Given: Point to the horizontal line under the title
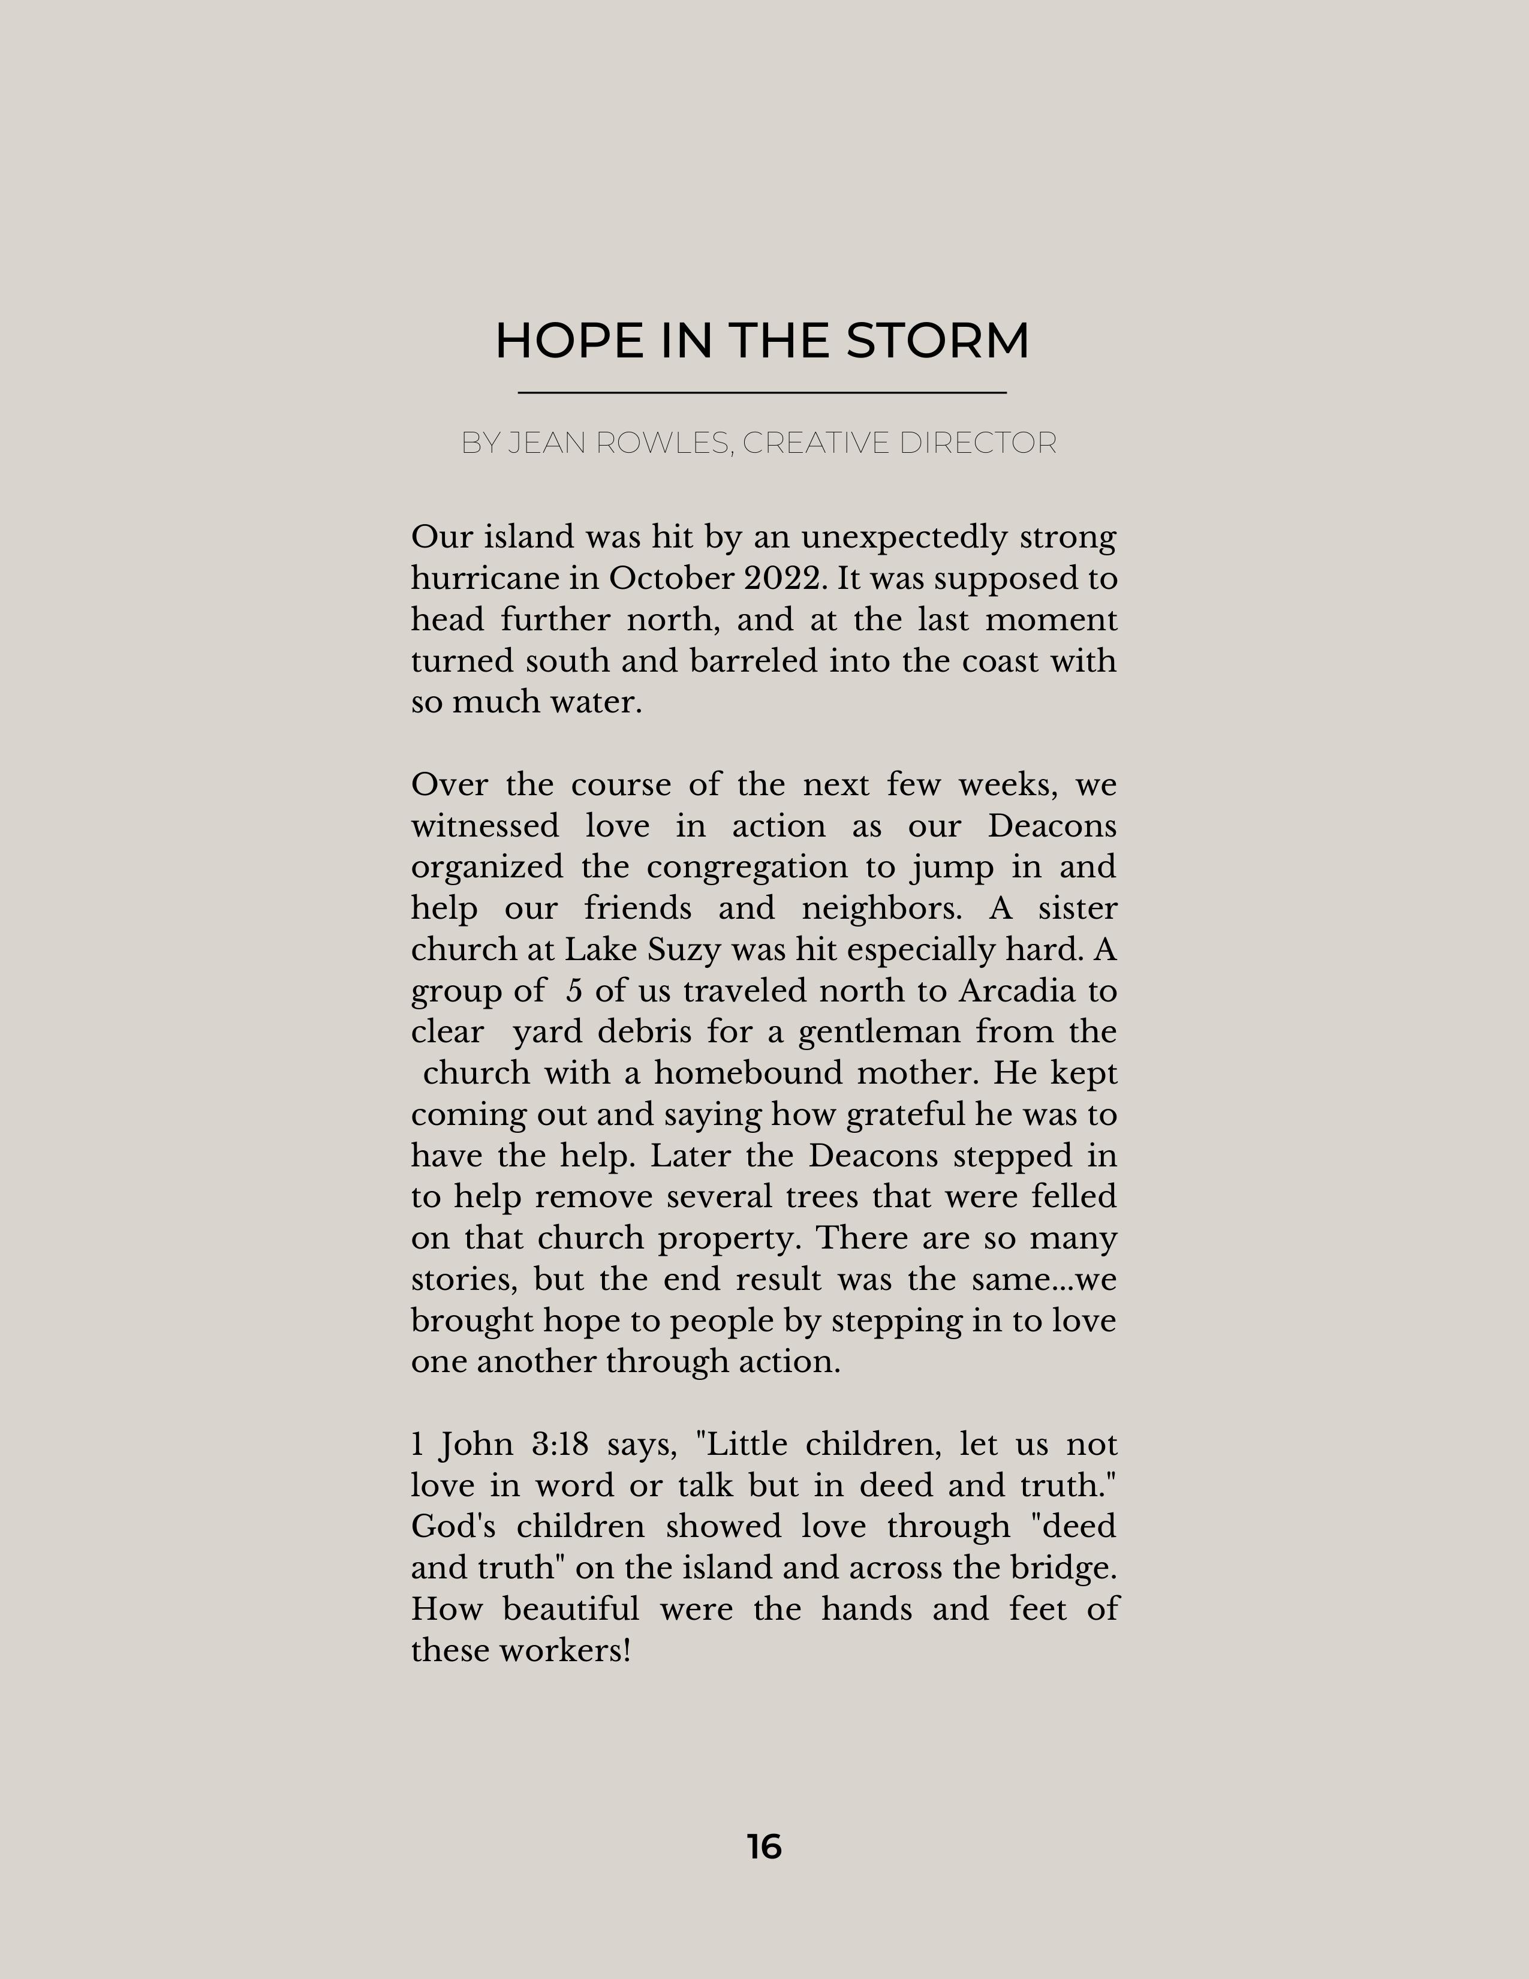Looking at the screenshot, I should [762, 392].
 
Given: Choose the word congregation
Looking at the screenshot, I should [747, 867].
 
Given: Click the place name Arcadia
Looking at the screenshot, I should [1016, 991].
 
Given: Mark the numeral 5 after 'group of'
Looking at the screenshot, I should [573, 991].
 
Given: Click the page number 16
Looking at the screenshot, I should [763, 1846].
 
